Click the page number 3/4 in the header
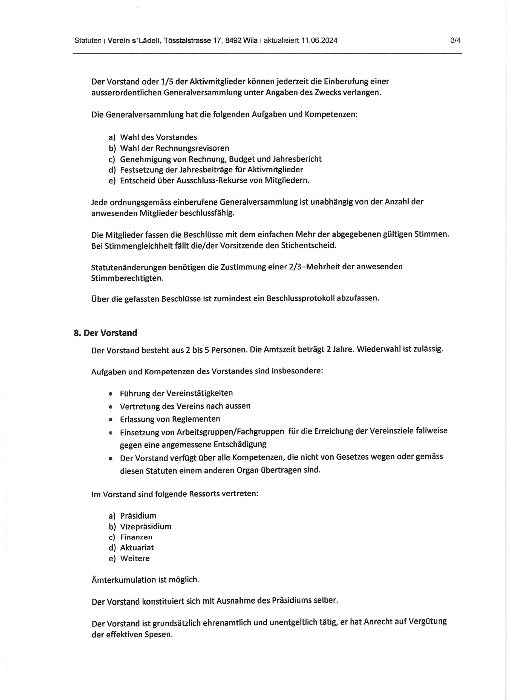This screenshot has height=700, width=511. click(x=455, y=40)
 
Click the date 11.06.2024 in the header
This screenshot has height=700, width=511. click(x=319, y=40)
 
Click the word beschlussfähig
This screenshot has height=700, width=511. click(x=207, y=213)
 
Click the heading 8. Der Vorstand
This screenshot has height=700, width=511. click(x=105, y=333)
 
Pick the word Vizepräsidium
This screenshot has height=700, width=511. click(x=145, y=527)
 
